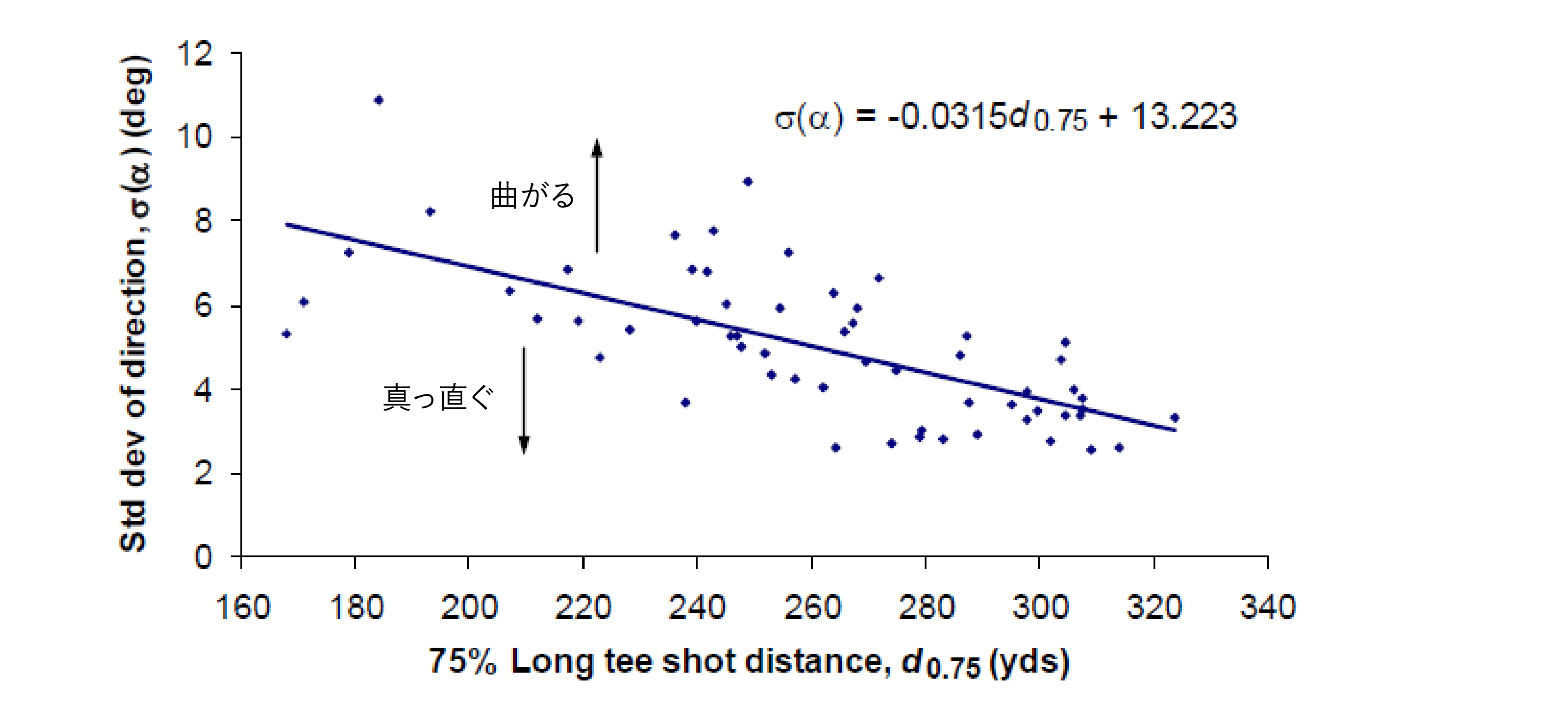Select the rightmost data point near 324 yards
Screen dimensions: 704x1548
pos(1175,418)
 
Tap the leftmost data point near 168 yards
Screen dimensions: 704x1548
pos(287,334)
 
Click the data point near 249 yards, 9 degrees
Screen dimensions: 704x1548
pos(747,181)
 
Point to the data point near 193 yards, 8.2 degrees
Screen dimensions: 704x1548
pos(430,211)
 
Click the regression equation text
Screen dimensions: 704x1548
pos(1005,117)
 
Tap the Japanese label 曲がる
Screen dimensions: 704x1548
pos(533,196)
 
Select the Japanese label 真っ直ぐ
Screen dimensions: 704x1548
pos(438,398)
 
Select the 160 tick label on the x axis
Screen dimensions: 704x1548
pos(242,607)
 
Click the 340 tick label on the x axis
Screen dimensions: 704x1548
pos(1267,607)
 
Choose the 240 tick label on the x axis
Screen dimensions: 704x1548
pos(697,607)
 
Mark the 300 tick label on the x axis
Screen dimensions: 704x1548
pos(1040,607)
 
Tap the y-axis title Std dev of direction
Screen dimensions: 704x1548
pos(136,304)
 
